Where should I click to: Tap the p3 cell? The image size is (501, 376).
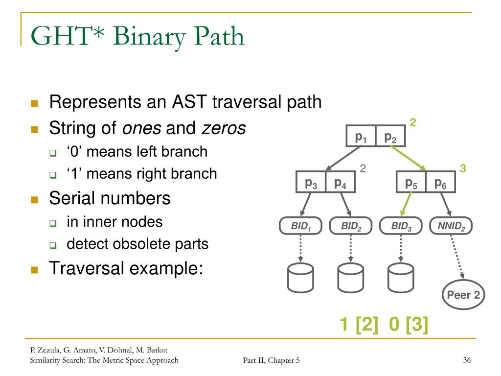coord(311,183)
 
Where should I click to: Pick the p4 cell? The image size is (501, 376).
coord(340,183)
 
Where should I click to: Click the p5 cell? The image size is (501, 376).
coord(411,183)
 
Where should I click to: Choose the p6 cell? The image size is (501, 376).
coord(440,183)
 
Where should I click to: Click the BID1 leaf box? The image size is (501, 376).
coord(300,226)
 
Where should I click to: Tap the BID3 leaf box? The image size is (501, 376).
coord(401,226)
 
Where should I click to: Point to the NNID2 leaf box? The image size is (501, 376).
coord(451,226)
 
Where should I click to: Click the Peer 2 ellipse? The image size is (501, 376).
coord(463,295)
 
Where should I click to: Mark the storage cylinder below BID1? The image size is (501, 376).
coord(300,278)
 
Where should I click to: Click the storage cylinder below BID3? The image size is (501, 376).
coord(400,278)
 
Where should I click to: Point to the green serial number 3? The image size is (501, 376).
coord(463,168)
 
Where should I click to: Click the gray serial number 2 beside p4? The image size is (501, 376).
coord(363,168)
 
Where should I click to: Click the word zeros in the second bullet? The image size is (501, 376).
coord(224,128)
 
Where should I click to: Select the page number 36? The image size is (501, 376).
coord(466,361)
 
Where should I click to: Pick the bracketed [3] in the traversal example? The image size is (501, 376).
coord(416,325)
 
